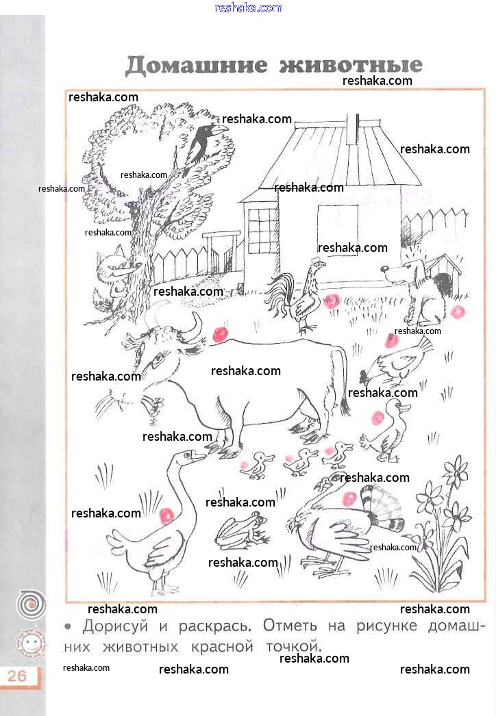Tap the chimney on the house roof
pyautogui.click(x=353, y=129)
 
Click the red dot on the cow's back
pyautogui.click(x=220, y=334)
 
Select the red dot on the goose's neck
pyautogui.click(x=166, y=515)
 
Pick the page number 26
pyautogui.click(x=17, y=675)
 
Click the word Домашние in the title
pyautogui.click(x=196, y=65)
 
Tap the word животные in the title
pyautogui.click(x=351, y=65)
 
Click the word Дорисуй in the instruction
pyautogui.click(x=115, y=626)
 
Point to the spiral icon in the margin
pyautogui.click(x=31, y=604)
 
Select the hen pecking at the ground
pyautogui.click(x=395, y=363)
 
